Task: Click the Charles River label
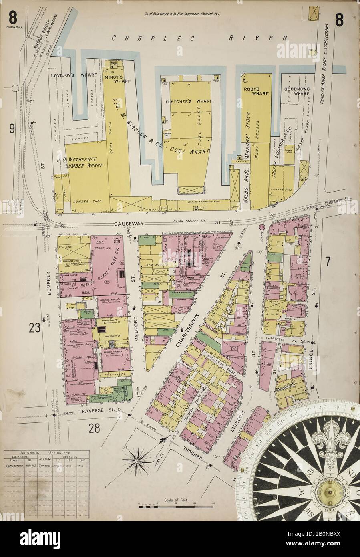[199, 38]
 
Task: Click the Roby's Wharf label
[257, 90]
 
